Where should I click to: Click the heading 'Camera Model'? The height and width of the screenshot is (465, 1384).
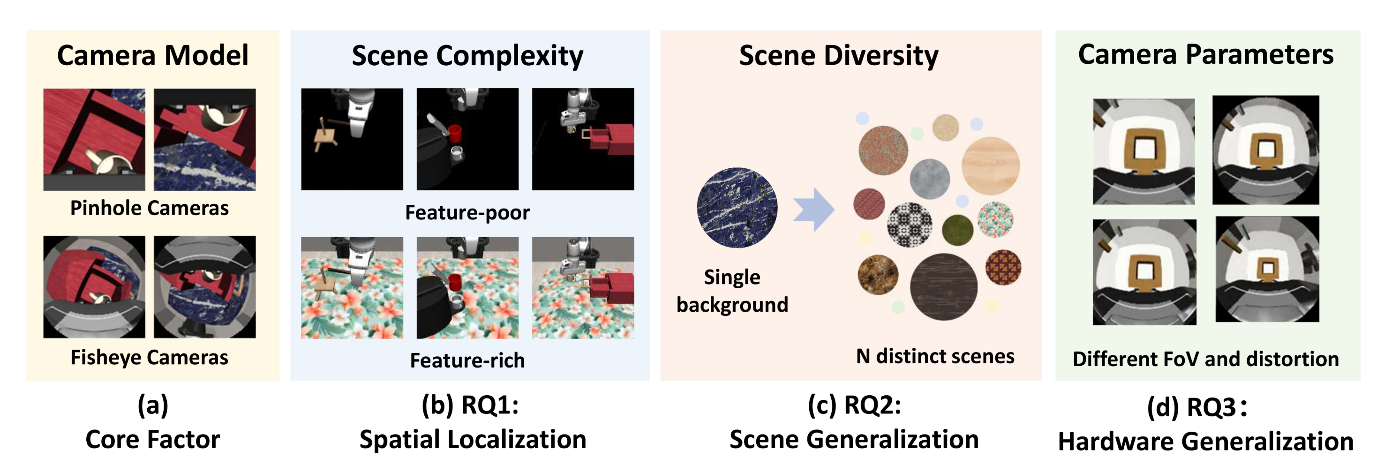pos(152,55)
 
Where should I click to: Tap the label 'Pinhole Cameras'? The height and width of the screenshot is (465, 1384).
pos(150,208)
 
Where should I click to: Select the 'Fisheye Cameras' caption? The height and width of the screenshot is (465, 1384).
pos(150,358)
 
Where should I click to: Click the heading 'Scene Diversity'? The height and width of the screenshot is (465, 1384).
pos(838,55)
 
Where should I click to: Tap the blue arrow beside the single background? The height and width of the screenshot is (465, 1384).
pos(813,210)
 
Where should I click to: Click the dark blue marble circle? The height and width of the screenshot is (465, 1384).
pos(737,207)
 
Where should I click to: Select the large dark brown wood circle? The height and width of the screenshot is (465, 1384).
pos(943,287)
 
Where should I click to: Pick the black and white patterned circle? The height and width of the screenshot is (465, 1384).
pos(909,225)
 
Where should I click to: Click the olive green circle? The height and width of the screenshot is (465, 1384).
pos(957,229)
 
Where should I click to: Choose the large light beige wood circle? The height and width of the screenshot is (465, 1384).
pos(990,165)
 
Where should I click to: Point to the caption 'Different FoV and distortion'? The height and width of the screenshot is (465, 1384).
pos(1206,359)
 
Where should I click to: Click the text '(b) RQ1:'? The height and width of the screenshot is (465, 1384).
pos(470,405)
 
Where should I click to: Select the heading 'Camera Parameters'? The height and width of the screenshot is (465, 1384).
pos(1206,54)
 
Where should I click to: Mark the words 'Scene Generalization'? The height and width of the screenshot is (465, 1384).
pos(854,440)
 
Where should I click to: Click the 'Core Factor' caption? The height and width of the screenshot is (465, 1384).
pos(152,440)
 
